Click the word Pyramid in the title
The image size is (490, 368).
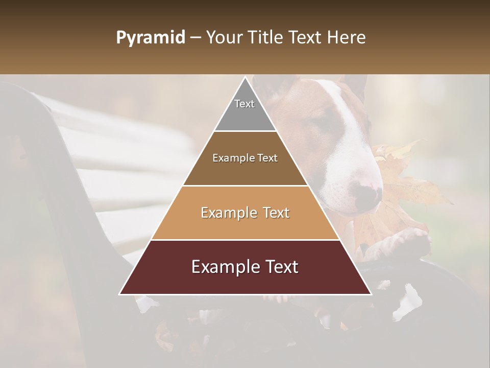pyautogui.click(x=150, y=38)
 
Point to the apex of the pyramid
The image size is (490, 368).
pyautogui.click(x=245, y=77)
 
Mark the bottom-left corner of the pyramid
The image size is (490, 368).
pyautogui.click(x=120, y=294)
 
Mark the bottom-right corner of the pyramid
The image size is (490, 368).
pyautogui.click(x=371, y=294)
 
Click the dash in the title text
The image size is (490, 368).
pyautogui.click(x=195, y=38)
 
